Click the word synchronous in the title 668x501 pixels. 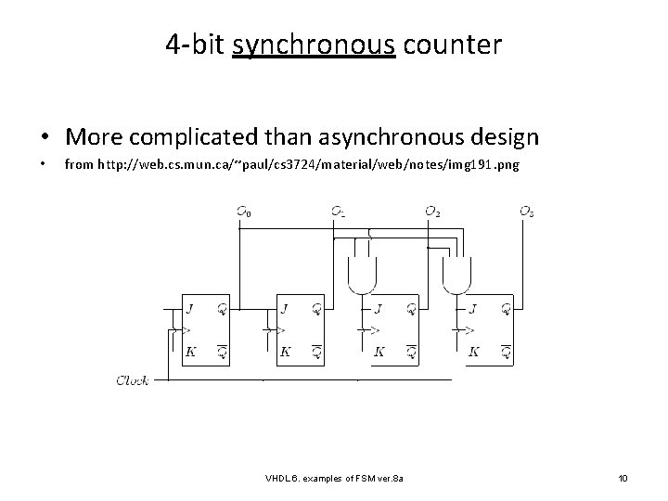[x=315, y=44]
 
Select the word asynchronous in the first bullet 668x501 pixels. [x=381, y=138]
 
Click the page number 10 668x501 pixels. [x=623, y=478]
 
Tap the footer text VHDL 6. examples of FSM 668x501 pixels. [x=340, y=478]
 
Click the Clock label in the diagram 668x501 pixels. [x=133, y=380]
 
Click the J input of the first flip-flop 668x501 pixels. [x=190, y=308]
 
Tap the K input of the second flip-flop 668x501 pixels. [x=285, y=353]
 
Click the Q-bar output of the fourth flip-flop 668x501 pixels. [x=506, y=353]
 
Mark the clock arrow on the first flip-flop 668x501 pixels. [x=188, y=329]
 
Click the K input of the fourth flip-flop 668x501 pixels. [x=474, y=353]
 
